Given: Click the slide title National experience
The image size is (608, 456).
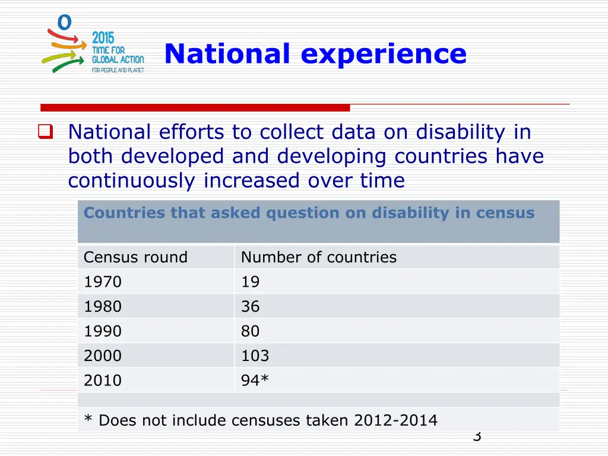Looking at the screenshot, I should [x=315, y=53].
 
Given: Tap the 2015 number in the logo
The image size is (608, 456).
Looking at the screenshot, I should [x=103, y=38].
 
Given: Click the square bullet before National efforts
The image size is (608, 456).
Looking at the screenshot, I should [x=45, y=132].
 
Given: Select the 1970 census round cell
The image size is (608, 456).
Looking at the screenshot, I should [x=103, y=282].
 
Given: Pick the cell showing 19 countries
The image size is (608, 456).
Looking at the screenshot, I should [x=250, y=282].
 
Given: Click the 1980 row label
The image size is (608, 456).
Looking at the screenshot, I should [x=103, y=306].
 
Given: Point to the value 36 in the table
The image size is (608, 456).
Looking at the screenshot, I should [x=250, y=306].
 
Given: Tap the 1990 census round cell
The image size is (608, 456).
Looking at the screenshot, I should [x=103, y=331].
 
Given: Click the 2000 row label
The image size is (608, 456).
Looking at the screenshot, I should [x=103, y=356].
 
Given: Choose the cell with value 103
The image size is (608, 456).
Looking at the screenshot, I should [x=255, y=356].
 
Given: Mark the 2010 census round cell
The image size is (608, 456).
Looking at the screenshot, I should [x=103, y=380].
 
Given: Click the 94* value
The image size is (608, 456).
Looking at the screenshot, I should [x=255, y=380].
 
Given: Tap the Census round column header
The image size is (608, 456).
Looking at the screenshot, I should [x=135, y=257].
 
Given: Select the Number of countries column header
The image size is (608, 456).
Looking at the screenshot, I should [x=318, y=257].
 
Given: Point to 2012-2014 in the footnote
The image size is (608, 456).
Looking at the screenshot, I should [x=395, y=420].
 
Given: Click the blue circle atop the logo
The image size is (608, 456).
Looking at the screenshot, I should [x=64, y=22].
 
